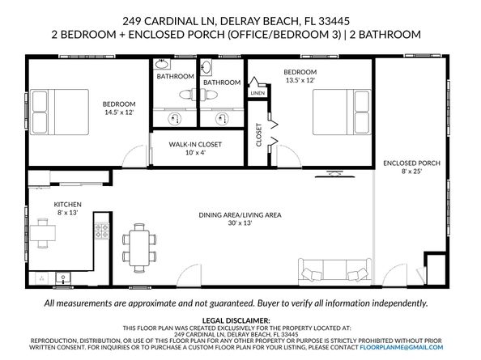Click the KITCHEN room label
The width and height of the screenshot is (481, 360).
click(67, 205)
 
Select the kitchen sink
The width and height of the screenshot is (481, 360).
click(63, 277)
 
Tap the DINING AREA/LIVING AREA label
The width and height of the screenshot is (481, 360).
click(240, 214)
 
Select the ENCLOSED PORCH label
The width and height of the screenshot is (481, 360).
click(411, 163)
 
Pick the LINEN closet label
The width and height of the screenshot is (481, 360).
click(258, 93)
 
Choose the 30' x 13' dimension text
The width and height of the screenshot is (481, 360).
click(240, 224)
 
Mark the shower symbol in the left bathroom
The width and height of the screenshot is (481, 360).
click(174, 117)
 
